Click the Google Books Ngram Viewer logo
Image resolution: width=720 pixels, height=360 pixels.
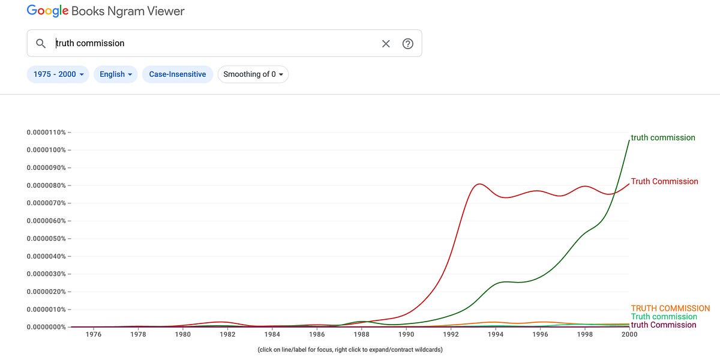coord(106,11)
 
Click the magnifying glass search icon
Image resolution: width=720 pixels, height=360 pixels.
coord(41,43)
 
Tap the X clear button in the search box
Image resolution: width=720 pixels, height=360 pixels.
coord(386,43)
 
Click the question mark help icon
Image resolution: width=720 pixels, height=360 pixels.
coord(408,43)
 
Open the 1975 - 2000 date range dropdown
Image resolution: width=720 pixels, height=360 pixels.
coord(58,74)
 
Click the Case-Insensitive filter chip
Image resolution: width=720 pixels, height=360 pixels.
coord(178,74)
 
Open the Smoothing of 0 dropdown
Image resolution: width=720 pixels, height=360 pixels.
coord(253,74)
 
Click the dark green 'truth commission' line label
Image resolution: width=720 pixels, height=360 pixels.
coord(663,137)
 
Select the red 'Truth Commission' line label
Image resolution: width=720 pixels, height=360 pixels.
coord(664,181)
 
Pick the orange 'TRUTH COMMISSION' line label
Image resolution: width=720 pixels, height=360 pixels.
coord(670,308)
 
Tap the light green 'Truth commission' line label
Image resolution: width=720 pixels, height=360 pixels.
coord(664,317)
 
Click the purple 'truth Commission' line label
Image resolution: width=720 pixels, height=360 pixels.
coord(664,325)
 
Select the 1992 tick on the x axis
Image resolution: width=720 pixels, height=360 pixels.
coord(451,335)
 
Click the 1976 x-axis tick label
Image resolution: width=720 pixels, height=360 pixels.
coord(94,335)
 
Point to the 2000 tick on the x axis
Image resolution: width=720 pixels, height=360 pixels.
coord(629,335)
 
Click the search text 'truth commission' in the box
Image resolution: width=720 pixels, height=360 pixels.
coord(91,43)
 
